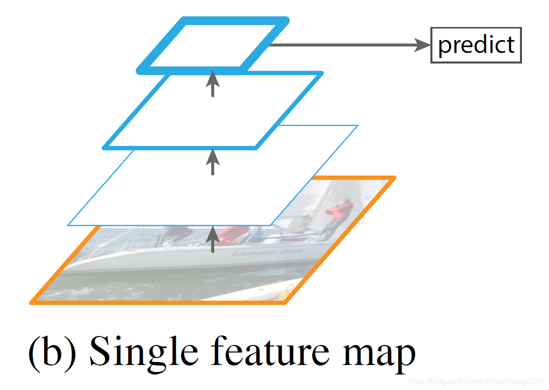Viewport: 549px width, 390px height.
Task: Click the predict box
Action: point(476,45)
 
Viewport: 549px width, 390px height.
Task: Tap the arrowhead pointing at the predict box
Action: point(424,45)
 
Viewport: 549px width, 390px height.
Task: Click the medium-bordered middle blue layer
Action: point(213,110)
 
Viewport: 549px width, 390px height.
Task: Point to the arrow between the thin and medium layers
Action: point(213,161)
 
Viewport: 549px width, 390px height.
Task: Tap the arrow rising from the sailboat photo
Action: point(213,239)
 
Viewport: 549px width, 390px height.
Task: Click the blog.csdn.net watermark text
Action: point(476,381)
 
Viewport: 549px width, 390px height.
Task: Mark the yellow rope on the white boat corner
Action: point(286,290)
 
